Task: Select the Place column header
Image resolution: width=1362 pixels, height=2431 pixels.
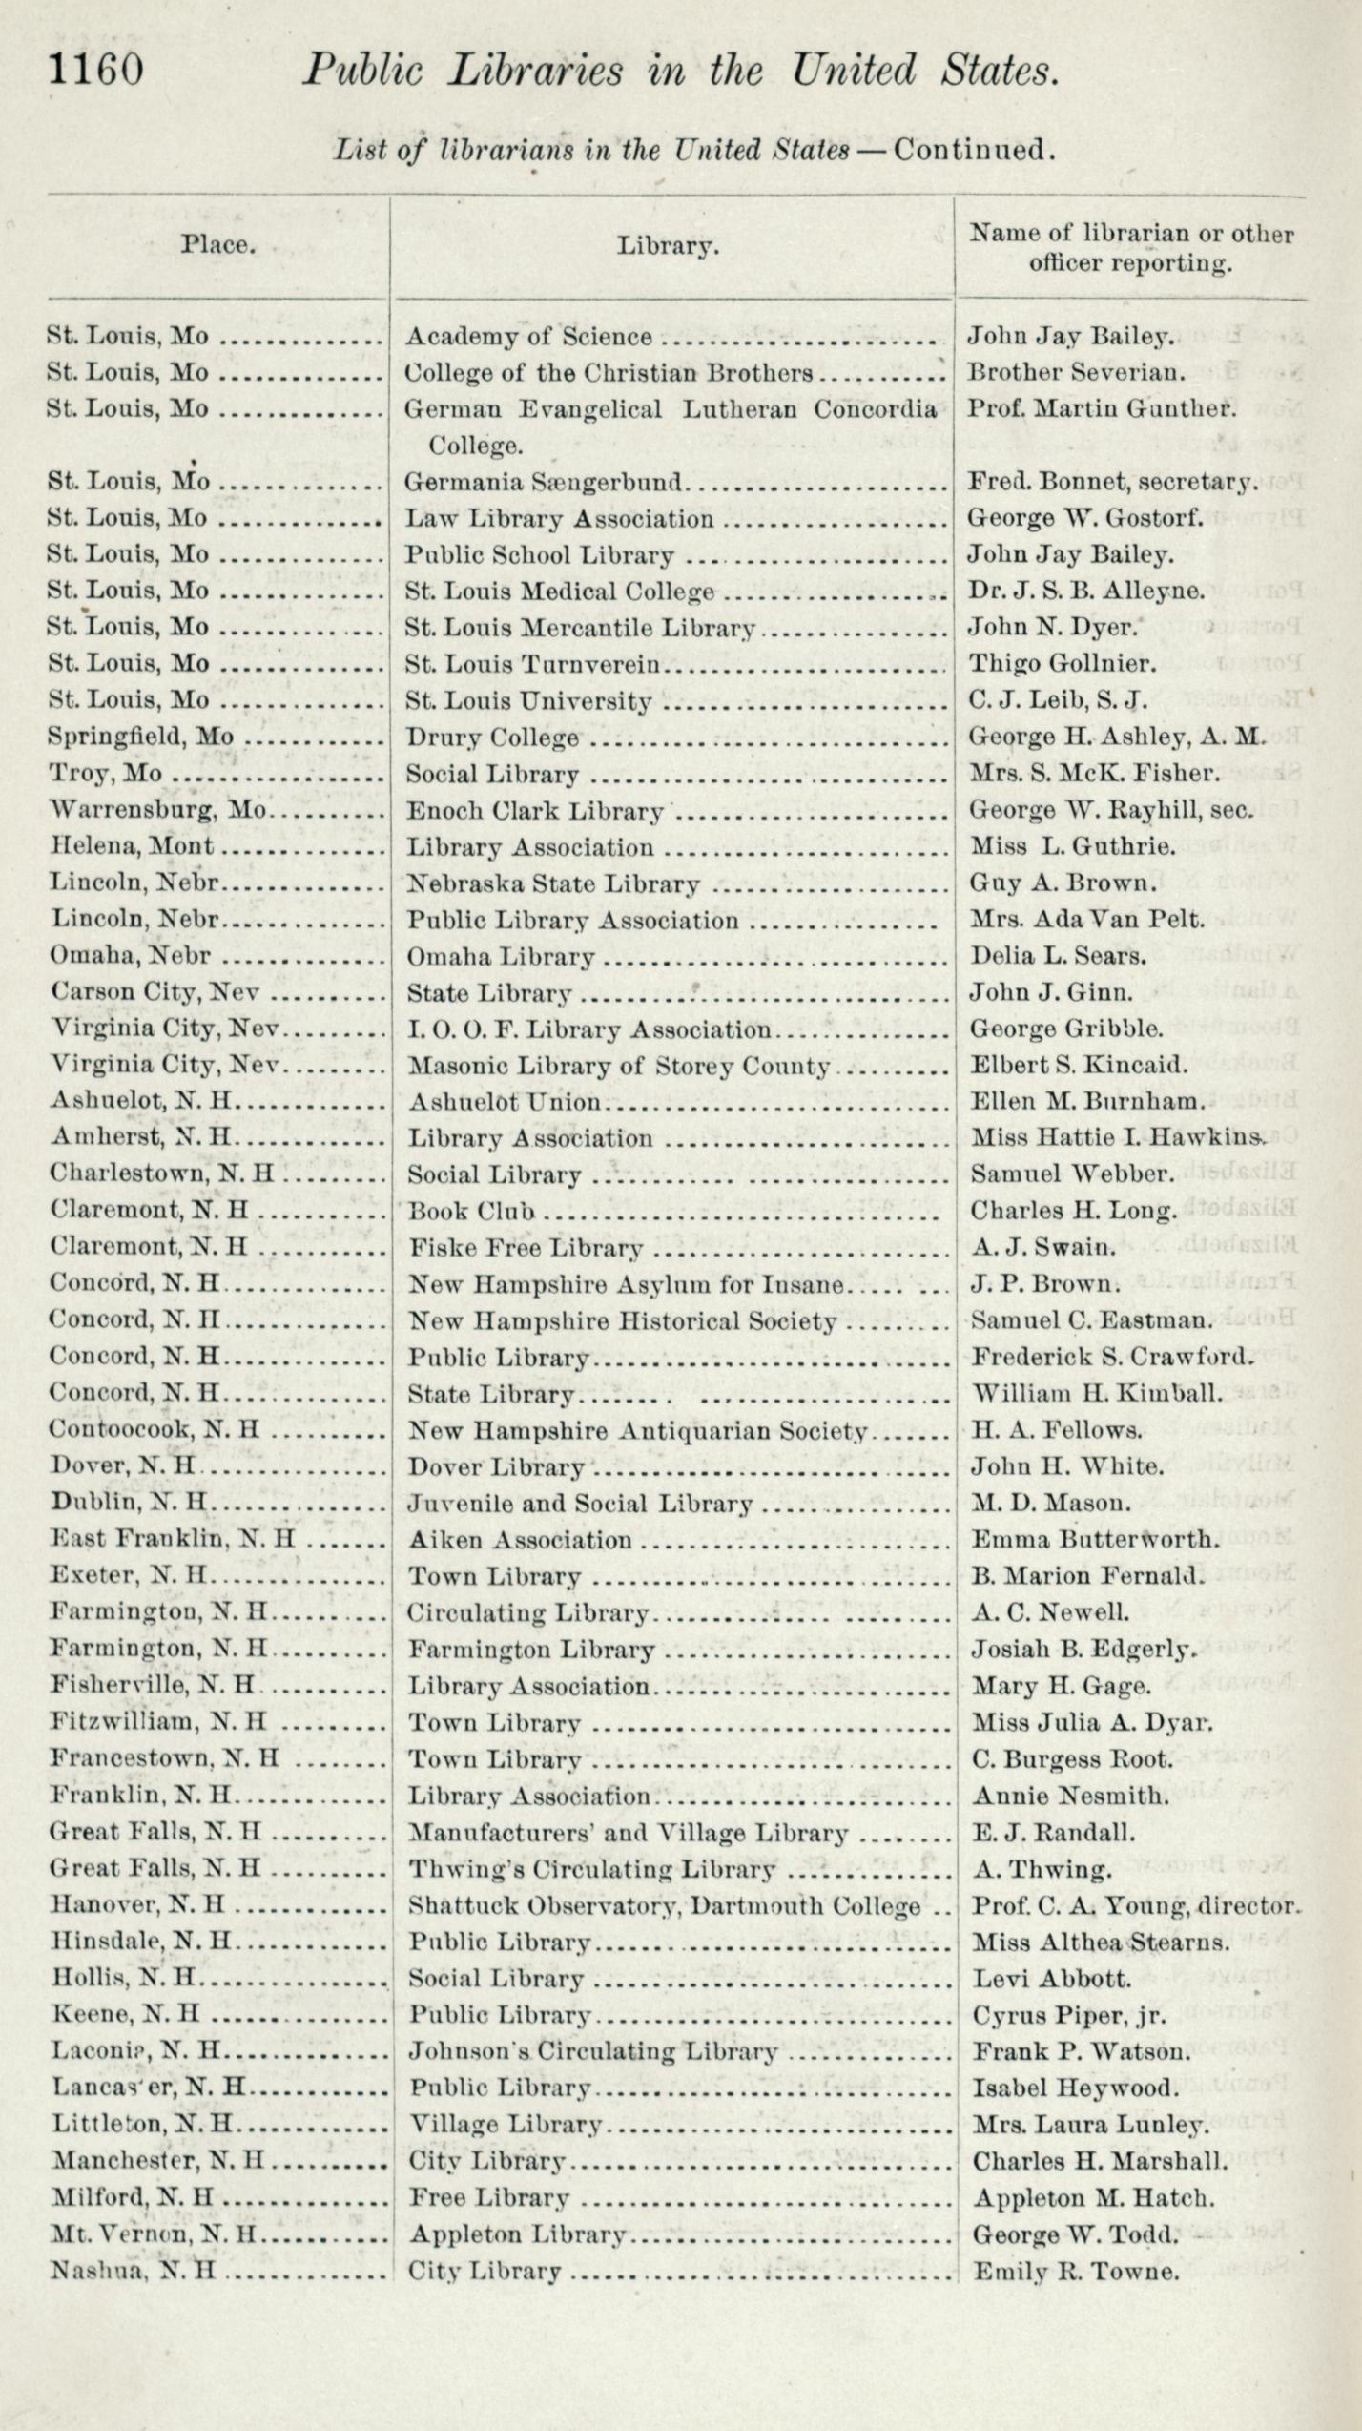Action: pos(218,245)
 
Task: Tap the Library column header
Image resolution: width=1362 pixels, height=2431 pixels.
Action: pos(667,246)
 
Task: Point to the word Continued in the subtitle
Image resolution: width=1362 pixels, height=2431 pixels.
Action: pos(973,150)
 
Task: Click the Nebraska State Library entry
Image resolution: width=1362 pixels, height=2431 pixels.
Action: pos(553,884)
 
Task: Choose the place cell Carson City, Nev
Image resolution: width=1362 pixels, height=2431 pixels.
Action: pos(155,992)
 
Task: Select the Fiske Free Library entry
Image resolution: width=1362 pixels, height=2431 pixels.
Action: pos(526,1248)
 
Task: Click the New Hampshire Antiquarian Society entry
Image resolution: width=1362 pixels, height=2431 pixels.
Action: pos(636,1431)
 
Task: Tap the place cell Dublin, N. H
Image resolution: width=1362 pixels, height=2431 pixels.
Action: pos(128,1504)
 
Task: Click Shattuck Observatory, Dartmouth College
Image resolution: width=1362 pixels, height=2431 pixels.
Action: pos(665,1906)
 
